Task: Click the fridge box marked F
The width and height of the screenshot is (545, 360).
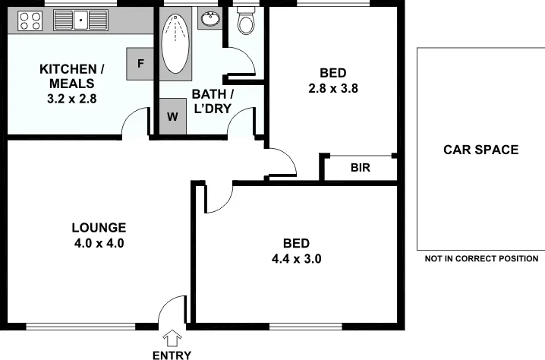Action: pyautogui.click(x=140, y=63)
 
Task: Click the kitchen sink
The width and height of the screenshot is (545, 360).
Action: pyautogui.click(x=83, y=21)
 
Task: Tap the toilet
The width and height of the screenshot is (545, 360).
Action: pyautogui.click(x=245, y=23)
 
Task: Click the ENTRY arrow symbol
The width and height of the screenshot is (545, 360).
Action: pyautogui.click(x=172, y=338)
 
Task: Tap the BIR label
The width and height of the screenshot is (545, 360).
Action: pyautogui.click(x=360, y=168)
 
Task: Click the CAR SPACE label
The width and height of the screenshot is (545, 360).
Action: pyautogui.click(x=480, y=150)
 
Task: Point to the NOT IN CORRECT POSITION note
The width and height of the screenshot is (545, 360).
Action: pyautogui.click(x=481, y=259)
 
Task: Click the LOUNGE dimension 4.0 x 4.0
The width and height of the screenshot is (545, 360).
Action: pyautogui.click(x=98, y=244)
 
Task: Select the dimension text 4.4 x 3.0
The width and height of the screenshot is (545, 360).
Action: pyautogui.click(x=296, y=258)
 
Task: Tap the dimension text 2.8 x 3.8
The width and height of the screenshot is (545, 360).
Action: pyautogui.click(x=332, y=87)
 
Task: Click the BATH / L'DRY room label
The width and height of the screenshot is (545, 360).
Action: pyautogui.click(x=212, y=101)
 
